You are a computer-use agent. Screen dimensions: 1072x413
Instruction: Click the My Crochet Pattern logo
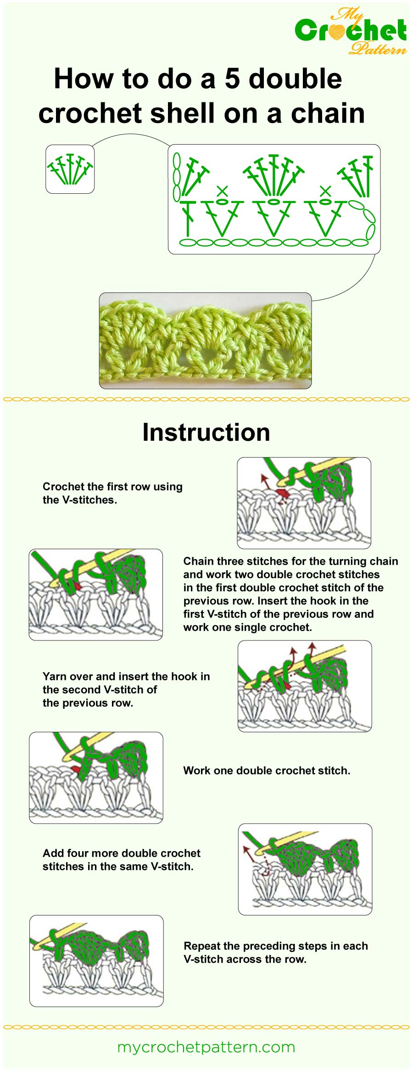point(351,31)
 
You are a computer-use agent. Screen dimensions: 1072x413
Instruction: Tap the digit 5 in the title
point(232,79)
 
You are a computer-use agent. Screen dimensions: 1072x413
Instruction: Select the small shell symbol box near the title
point(70,169)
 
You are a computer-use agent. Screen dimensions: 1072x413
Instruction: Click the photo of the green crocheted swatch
point(205,341)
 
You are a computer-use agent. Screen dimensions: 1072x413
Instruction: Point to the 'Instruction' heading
point(206,432)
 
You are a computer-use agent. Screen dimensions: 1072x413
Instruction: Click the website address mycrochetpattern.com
point(206,1047)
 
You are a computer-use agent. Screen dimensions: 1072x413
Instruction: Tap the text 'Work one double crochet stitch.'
point(267,771)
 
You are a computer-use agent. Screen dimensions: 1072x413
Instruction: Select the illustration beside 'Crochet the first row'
point(304,503)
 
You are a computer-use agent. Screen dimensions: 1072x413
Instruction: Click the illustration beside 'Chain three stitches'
point(95,595)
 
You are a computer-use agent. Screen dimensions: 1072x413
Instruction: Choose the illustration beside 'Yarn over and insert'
point(305,686)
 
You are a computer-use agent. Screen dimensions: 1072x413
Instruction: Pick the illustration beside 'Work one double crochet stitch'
point(96,778)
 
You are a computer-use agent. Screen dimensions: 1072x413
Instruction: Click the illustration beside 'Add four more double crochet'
point(305,869)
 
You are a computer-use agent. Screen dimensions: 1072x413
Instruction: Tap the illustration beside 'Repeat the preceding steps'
point(96,961)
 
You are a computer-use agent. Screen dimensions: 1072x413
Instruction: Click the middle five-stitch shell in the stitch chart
point(274,175)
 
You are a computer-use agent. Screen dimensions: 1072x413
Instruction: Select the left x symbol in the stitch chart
point(222,190)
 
